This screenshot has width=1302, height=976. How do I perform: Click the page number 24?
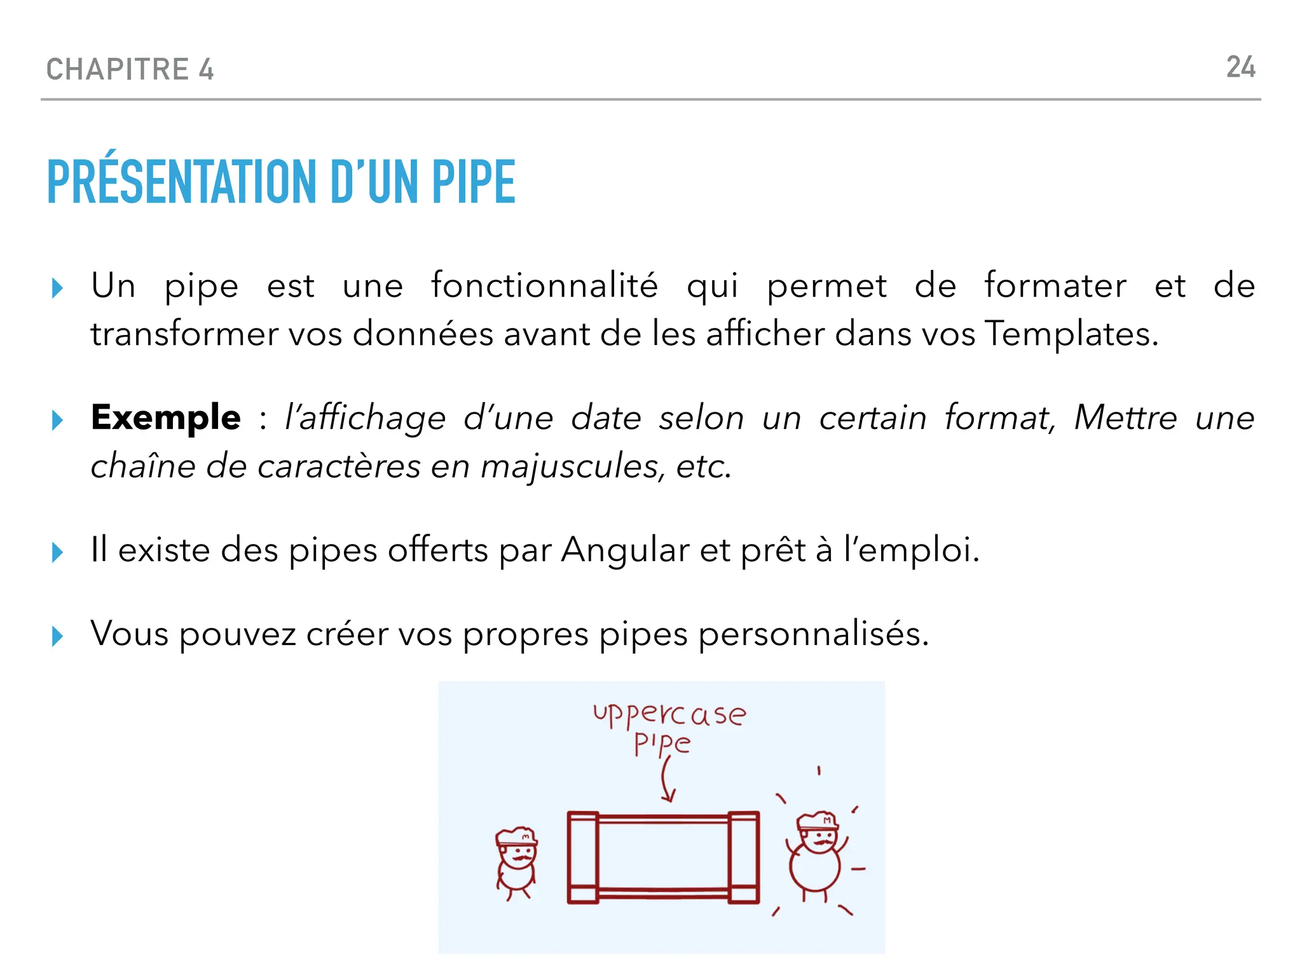[1240, 67]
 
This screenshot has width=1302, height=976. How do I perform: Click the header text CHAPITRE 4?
[130, 69]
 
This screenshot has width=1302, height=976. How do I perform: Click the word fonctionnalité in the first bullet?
[544, 285]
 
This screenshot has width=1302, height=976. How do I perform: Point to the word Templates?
[1071, 334]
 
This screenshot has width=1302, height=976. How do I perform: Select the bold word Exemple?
[166, 417]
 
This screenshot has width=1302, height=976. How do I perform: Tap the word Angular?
[625, 550]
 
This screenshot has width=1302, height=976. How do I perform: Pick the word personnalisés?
[813, 634]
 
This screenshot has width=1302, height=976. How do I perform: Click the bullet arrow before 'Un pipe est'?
[57, 288]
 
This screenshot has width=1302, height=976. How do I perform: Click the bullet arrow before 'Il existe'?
[57, 552]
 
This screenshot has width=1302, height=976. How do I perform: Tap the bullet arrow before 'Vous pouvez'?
[57, 636]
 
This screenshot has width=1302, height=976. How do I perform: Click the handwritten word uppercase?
[669, 715]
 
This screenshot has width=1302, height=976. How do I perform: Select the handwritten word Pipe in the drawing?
[662, 744]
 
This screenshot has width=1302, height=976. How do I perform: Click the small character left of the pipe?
[516, 863]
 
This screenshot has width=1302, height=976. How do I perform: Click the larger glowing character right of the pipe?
[816, 855]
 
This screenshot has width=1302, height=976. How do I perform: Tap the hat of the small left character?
[516, 836]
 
